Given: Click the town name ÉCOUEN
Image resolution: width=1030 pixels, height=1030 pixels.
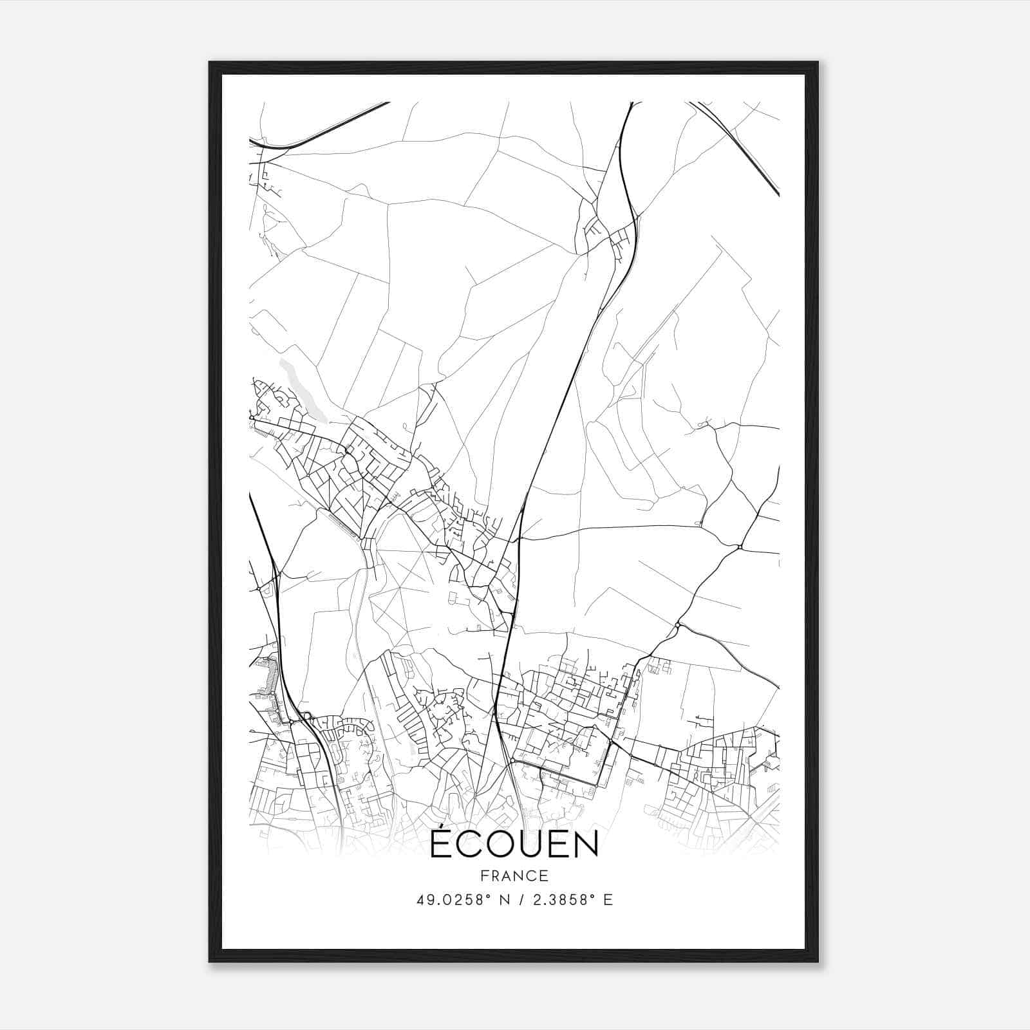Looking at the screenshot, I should tap(514, 845).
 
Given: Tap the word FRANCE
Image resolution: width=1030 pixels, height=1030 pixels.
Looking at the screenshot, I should tap(514, 876).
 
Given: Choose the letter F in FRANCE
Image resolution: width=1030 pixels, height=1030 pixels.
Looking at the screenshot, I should tap(484, 876).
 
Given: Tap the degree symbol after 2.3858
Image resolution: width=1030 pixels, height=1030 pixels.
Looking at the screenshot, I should tap(594, 896).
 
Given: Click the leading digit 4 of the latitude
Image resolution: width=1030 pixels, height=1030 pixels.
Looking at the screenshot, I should tap(420, 900).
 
